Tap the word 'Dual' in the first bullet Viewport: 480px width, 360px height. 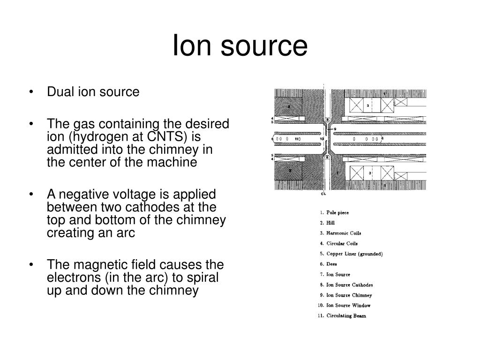[x=57, y=92]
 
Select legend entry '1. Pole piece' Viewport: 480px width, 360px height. [x=335, y=212]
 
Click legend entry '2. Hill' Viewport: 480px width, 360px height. [x=328, y=223]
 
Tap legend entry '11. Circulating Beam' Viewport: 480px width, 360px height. [x=342, y=316]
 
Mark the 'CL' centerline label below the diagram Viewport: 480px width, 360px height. [x=323, y=193]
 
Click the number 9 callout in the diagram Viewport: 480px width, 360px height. [x=335, y=129]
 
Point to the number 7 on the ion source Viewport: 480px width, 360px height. [x=337, y=172]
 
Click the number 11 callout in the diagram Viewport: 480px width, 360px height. [x=297, y=139]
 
